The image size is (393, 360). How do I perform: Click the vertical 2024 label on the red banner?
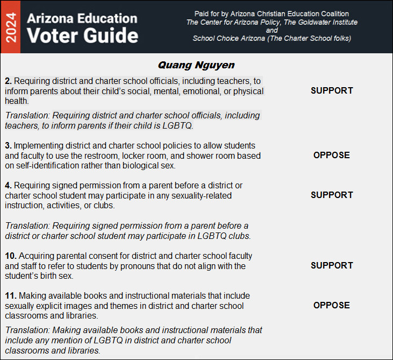10,27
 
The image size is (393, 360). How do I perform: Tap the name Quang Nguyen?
196,65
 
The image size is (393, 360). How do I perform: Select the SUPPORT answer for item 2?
332,91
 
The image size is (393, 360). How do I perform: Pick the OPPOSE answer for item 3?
332,155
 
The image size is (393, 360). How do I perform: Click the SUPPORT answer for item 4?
332,195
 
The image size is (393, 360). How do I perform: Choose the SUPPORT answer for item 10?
332,265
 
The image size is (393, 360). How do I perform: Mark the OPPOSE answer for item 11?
332,305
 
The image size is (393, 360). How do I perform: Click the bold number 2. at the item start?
8,81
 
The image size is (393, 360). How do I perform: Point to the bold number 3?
8,145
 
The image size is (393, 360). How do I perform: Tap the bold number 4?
8,185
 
